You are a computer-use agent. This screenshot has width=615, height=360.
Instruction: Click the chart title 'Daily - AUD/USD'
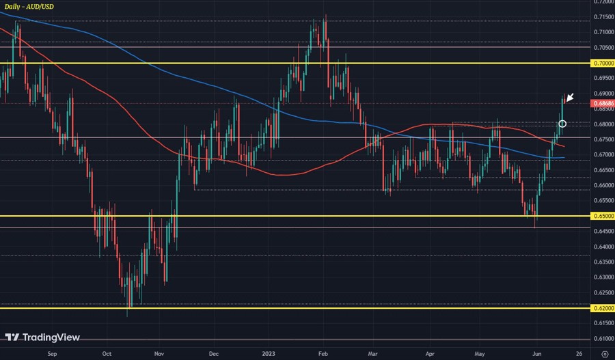(x=29, y=6)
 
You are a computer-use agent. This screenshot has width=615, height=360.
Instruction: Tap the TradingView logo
(x=42, y=337)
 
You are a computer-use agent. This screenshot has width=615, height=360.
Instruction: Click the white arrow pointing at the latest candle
(x=570, y=98)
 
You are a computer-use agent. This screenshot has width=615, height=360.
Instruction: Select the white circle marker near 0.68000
(x=562, y=124)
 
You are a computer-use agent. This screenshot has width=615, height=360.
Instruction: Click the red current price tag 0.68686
(x=602, y=103)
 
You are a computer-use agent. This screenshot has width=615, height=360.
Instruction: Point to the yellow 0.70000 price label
(x=602, y=63)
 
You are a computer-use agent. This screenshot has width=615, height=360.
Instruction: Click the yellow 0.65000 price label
(x=602, y=216)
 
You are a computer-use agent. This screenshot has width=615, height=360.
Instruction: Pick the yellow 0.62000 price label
(x=602, y=308)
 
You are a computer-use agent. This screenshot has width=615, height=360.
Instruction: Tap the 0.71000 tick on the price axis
(x=602, y=32)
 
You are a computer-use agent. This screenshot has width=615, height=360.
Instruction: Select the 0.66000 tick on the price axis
(x=602, y=185)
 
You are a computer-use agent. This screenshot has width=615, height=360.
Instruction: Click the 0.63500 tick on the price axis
(x=602, y=262)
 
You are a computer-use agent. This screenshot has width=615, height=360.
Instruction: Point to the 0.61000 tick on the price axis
(x=602, y=339)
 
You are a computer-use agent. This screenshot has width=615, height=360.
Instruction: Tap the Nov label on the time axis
(x=159, y=355)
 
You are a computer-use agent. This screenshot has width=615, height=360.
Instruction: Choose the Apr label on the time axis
(x=430, y=355)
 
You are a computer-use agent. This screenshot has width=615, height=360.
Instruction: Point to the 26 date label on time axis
(x=578, y=355)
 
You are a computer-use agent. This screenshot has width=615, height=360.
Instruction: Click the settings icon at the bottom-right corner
(x=604, y=355)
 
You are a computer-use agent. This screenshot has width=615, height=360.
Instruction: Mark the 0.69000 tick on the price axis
(x=602, y=94)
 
